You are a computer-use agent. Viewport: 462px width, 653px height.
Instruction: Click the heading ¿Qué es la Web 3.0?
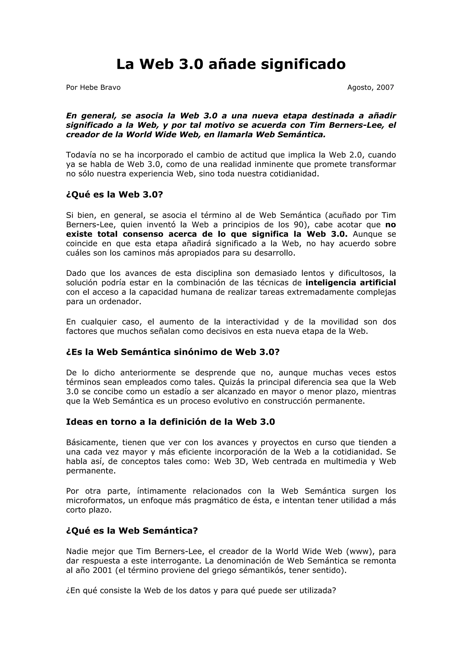click(114, 195)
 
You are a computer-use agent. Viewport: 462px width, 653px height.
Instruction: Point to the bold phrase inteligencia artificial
click(350, 283)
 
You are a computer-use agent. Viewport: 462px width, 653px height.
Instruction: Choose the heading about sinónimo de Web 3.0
click(173, 352)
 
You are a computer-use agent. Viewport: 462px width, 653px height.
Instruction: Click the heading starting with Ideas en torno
click(171, 422)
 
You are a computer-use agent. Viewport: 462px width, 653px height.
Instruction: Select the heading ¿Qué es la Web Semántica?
click(132, 531)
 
